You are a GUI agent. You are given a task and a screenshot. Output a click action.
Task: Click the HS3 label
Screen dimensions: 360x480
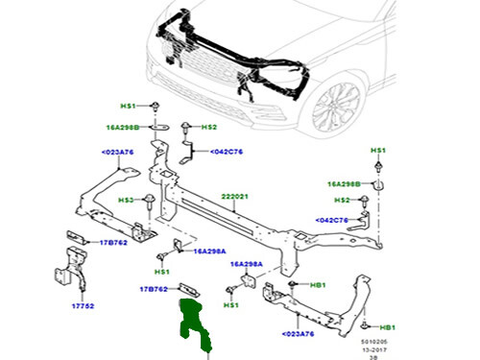[x=126, y=200]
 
